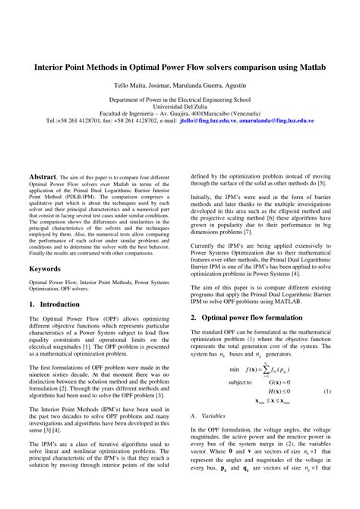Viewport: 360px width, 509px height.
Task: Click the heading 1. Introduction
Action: point(54,304)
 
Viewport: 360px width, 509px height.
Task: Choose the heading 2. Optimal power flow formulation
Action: point(253,318)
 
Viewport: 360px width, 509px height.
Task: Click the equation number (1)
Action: point(327,391)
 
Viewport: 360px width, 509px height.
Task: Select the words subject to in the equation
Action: point(239,381)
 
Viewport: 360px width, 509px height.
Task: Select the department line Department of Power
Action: point(179,100)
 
